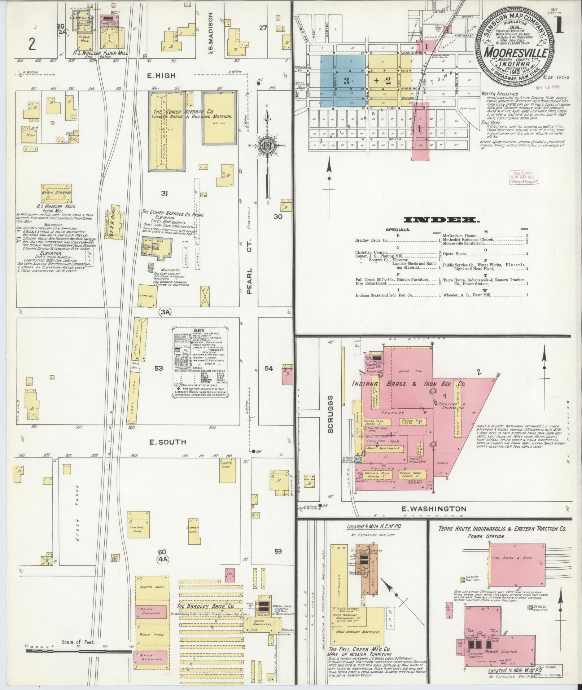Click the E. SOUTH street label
[167, 442]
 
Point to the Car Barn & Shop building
[517, 568]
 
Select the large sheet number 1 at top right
[560, 26]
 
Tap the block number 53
[159, 368]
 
